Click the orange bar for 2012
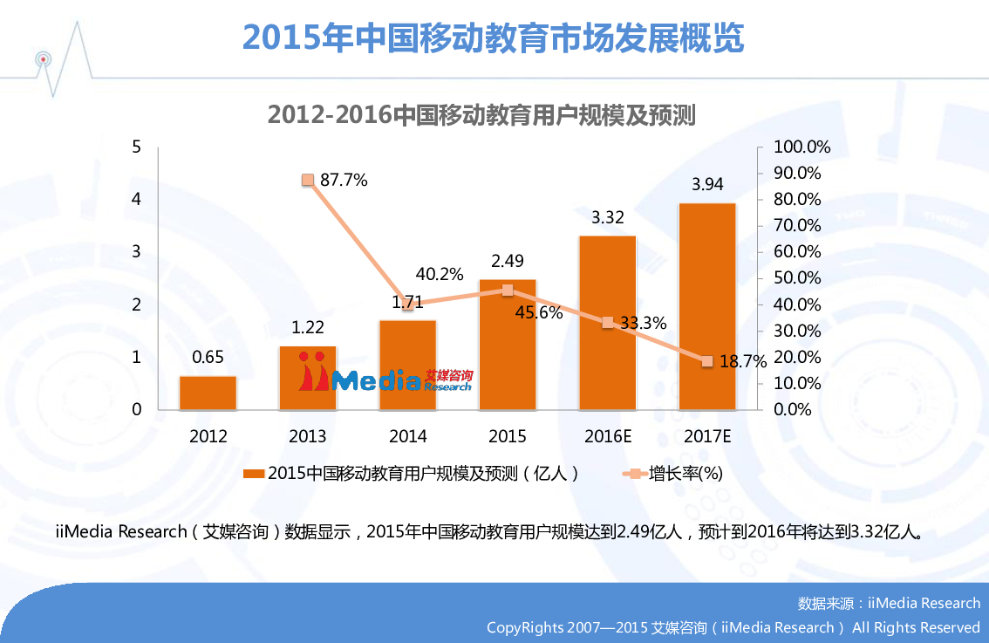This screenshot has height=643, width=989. tap(208, 393)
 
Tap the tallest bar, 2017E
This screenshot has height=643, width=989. tap(707, 305)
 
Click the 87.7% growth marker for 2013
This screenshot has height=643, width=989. tap(308, 180)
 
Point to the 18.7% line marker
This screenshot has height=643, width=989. tap(707, 361)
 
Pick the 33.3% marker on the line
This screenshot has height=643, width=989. tap(608, 322)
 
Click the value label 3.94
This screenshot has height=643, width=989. tap(707, 185)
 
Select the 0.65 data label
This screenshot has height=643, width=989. tap(208, 357)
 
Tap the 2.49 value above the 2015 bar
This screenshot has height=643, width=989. tap(508, 261)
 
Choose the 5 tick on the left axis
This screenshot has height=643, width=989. tap(136, 147)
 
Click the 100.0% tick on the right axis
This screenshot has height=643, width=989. tap(801, 147)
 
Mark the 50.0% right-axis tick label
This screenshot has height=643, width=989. tap(798, 278)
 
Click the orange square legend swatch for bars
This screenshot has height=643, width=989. tap(253, 474)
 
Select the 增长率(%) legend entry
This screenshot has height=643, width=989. tap(685, 474)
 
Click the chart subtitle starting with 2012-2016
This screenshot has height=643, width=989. tap(481, 115)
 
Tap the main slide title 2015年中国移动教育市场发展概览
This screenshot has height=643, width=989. tap(494, 38)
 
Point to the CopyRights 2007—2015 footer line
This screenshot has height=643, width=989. tap(733, 627)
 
